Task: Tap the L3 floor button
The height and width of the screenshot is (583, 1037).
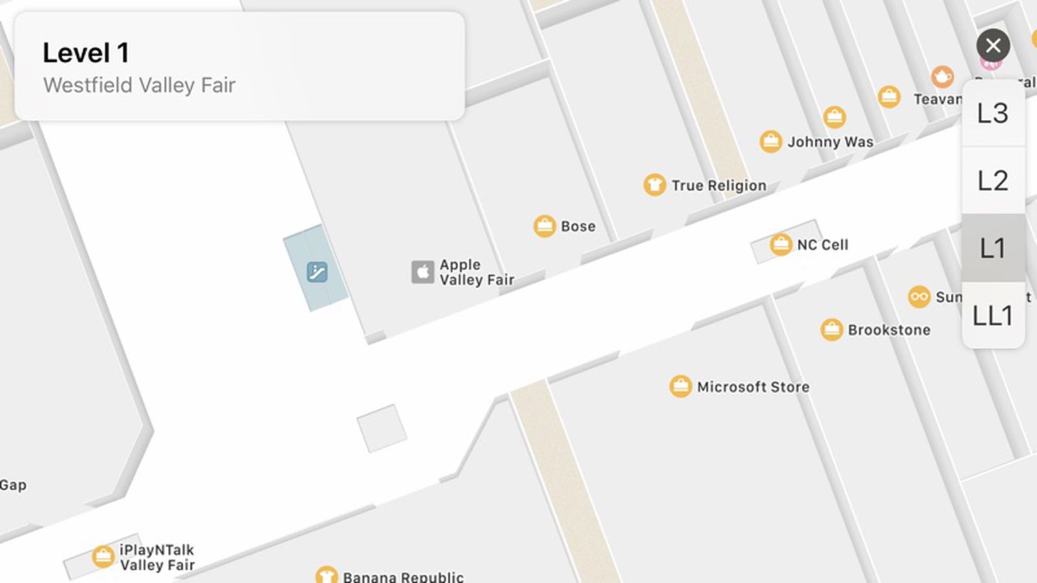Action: [992, 113]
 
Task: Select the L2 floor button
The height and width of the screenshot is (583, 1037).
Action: [992, 181]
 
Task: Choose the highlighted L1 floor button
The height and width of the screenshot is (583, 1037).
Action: [992, 248]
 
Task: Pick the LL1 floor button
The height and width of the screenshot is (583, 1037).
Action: [992, 315]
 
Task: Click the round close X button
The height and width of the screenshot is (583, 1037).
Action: [993, 45]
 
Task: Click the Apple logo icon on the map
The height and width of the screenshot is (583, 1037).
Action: [423, 272]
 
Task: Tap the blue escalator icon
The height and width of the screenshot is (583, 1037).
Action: [317, 272]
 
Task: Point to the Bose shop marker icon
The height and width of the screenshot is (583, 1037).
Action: [544, 226]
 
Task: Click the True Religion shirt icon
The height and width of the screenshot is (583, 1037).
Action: [655, 185]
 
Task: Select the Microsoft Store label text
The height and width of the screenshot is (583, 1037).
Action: [753, 387]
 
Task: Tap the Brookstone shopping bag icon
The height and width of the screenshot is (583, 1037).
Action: [832, 330]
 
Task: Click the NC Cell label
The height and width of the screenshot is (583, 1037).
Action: [822, 245]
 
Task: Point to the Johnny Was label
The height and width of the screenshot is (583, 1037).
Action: [830, 142]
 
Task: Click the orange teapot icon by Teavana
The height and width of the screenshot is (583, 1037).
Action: [942, 76]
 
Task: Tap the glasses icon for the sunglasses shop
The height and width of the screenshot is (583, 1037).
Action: [919, 297]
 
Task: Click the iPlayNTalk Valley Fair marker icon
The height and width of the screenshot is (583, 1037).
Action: [103, 556]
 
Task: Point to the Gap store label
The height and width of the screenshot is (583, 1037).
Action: [13, 485]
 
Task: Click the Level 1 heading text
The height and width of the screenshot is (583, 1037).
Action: [86, 53]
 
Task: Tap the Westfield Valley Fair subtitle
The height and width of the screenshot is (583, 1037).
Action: [139, 85]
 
